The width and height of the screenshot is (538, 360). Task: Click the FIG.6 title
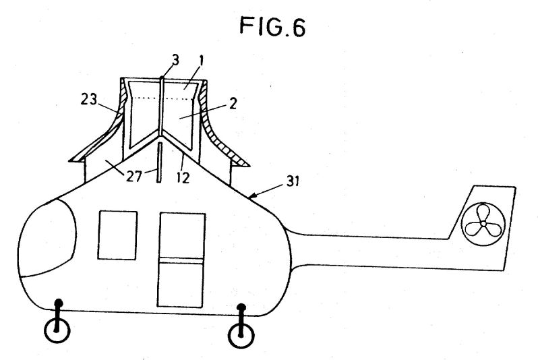coord(272,26)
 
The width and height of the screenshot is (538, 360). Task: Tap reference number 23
coord(89,100)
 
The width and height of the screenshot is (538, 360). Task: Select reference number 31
coord(293,181)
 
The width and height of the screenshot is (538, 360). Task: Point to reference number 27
coord(133,177)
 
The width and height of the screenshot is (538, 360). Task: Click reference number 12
coord(183,177)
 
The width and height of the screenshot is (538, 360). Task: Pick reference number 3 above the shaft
coord(175,60)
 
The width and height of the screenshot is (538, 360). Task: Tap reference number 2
coord(233,103)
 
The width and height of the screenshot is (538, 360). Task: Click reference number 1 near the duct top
coord(202,61)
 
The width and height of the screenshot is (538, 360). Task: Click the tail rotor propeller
coord(483,224)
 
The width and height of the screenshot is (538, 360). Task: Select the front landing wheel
coord(57,331)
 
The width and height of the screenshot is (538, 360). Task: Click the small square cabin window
coord(117,235)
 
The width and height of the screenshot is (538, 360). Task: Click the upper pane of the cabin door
coord(182,235)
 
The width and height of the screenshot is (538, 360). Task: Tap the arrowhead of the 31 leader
coord(251,197)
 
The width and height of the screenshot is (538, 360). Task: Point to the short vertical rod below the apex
coord(159,162)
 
